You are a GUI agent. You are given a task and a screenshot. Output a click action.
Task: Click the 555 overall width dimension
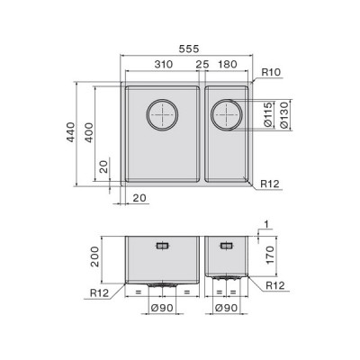(x=189, y=49)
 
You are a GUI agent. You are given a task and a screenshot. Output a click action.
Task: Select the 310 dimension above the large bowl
(x=164, y=64)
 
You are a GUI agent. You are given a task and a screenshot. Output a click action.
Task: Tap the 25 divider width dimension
(x=202, y=64)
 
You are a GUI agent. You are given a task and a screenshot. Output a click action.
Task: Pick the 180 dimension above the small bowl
(x=228, y=64)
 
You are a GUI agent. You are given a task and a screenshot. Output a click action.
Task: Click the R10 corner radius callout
(x=271, y=72)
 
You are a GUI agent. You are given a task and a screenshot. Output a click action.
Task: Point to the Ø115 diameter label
(x=269, y=114)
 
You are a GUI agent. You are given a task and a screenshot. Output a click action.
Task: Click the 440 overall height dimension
(x=71, y=132)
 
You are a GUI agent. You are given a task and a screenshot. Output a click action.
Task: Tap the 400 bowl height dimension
(x=89, y=132)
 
